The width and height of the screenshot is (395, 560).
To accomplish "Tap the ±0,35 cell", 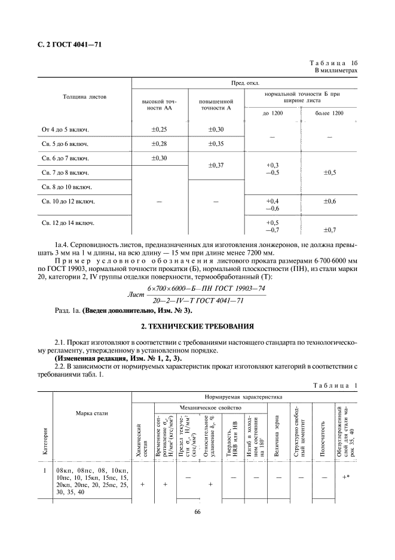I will pyautogui.click(x=216, y=144).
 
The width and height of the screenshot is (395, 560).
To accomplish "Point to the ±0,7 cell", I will pyautogui.click(x=330, y=230).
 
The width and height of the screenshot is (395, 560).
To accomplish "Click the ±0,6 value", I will pyautogui.click(x=330, y=201).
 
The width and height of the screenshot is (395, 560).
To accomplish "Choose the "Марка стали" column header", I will pyautogui.click(x=91, y=413).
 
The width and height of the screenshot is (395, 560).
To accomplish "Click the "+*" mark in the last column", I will pyautogui.click(x=345, y=477).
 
